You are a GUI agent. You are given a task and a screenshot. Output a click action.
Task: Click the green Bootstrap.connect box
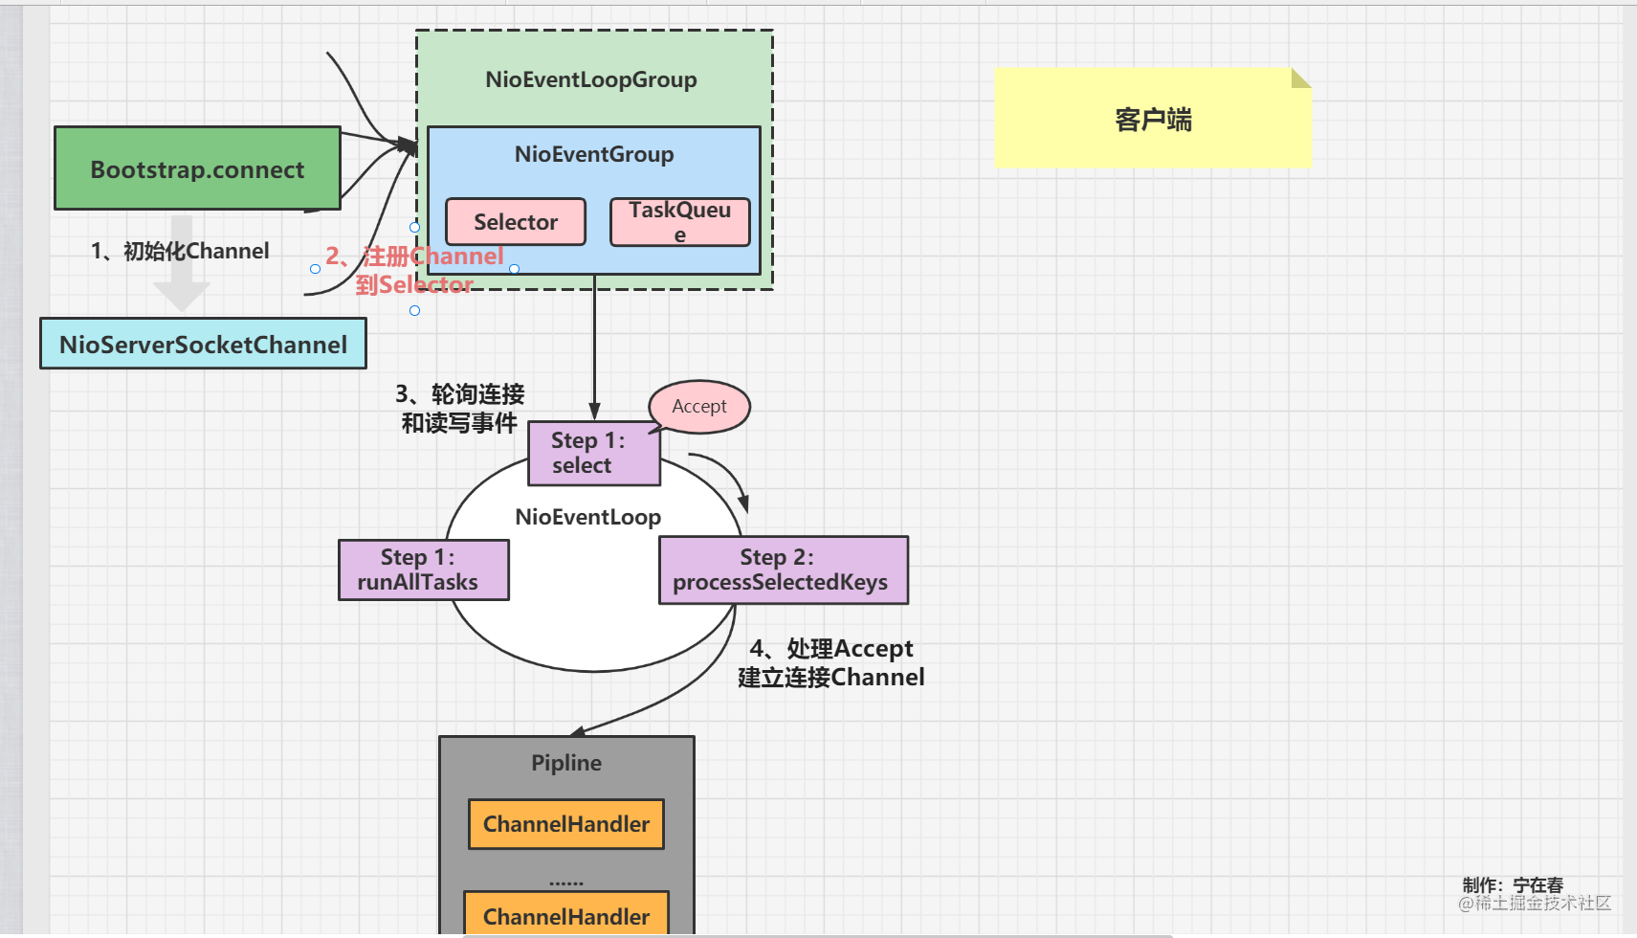coord(197,169)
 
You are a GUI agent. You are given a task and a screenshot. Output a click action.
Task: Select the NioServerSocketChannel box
coord(203,345)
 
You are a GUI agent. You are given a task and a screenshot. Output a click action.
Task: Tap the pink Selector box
coord(516,222)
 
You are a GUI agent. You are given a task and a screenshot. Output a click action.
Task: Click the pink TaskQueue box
coord(679,222)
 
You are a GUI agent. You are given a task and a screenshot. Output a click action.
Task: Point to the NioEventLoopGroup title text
coord(590,79)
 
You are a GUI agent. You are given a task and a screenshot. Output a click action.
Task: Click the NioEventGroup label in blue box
coord(593,154)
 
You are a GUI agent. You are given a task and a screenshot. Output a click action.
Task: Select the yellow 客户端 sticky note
coord(1152,119)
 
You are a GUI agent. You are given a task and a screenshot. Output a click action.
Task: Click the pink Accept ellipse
coord(699,406)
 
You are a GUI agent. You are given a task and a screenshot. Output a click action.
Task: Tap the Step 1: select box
coord(593,453)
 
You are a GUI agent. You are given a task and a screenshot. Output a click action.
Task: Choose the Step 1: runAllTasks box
coord(423,569)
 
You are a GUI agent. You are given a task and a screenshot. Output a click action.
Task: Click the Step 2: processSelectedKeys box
coord(783,569)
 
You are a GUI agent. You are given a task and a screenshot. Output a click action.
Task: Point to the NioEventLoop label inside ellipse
coord(587,517)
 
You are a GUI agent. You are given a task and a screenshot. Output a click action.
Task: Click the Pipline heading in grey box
coord(566,763)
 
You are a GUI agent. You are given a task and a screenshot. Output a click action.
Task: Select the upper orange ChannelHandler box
coord(565,824)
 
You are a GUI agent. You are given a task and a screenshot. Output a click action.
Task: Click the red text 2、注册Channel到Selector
coord(414,270)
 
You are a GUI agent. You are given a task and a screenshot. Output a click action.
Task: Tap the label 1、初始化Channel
coord(180,251)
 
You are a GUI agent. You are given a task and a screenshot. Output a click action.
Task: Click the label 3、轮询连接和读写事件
coord(460,409)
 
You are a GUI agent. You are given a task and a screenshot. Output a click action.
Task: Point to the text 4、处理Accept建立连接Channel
coord(830,662)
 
